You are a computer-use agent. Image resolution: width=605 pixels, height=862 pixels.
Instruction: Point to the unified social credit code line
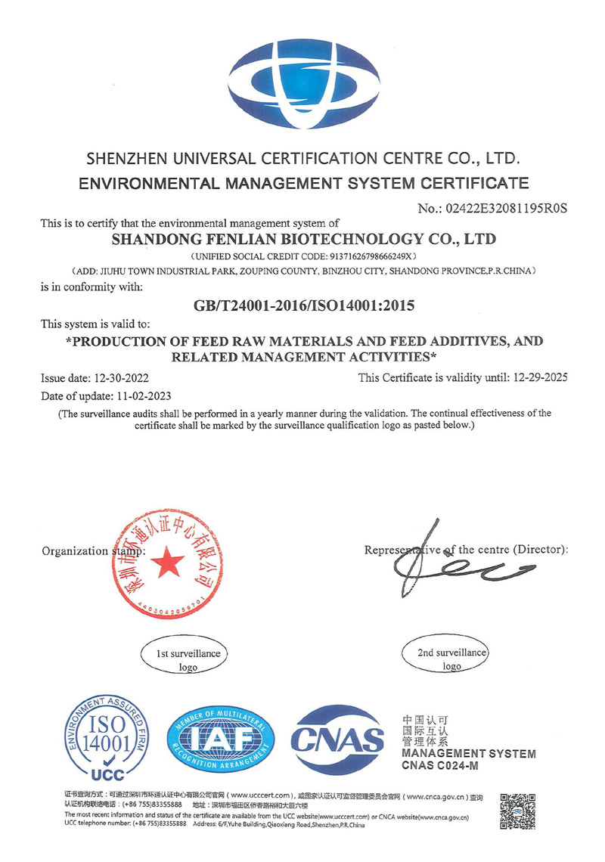303,257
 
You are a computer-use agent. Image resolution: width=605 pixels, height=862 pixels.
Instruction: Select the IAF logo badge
218,738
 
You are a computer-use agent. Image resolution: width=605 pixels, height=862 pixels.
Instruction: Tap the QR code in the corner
518,811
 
